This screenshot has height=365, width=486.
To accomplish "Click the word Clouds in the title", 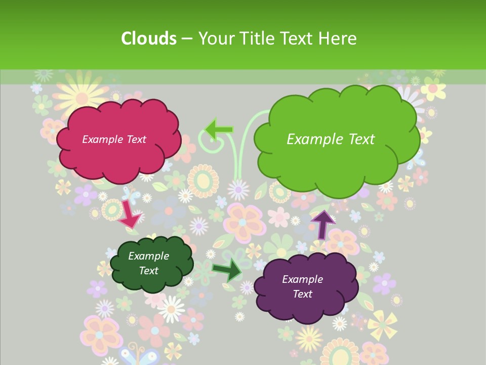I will (x=149, y=39).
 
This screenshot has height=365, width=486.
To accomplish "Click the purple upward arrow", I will (x=322, y=224).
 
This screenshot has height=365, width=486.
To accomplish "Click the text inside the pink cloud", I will (x=114, y=139).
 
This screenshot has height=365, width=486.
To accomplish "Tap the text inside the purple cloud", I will (x=302, y=286).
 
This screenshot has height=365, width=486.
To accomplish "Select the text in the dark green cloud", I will (x=148, y=264).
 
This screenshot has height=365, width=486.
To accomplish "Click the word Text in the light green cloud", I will (x=362, y=139).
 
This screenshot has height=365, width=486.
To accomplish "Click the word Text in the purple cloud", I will (x=302, y=294).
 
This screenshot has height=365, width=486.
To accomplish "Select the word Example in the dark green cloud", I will (x=148, y=257).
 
